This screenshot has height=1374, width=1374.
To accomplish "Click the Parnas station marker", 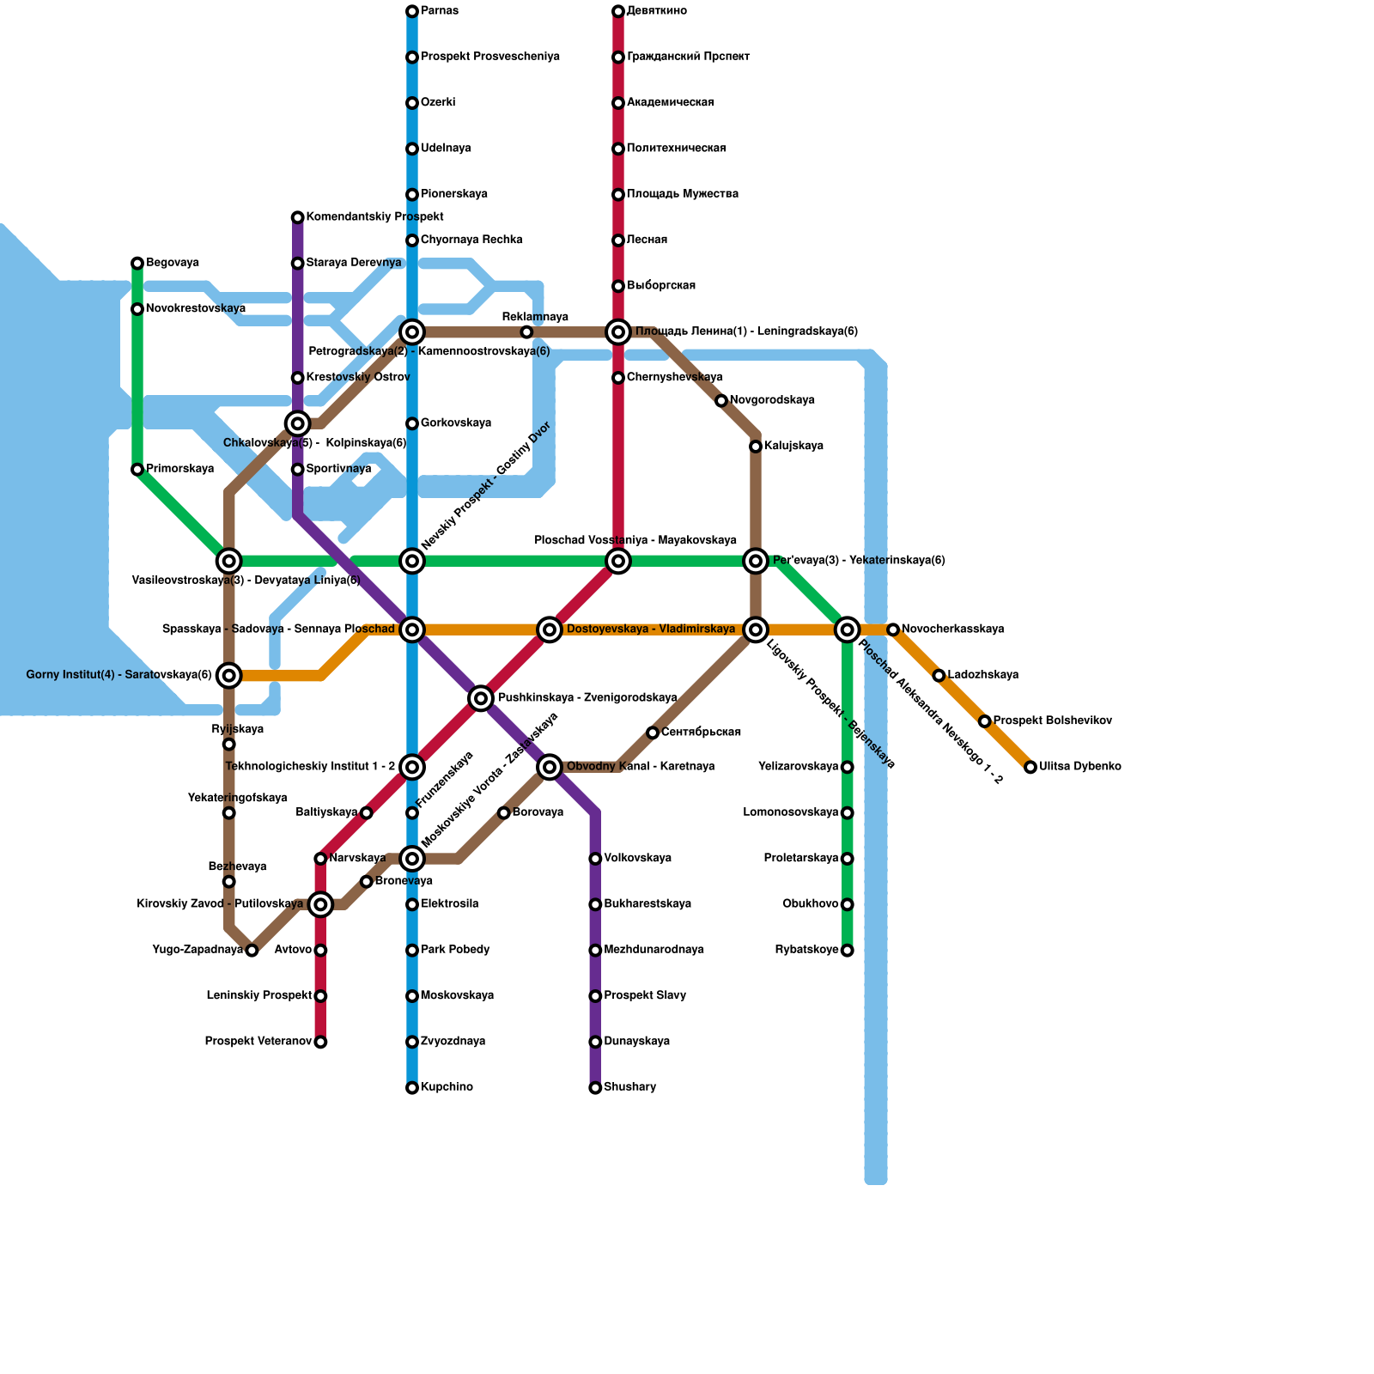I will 412,11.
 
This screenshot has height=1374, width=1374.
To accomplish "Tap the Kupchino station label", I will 447,1088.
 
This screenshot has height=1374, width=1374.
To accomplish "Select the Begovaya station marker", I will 137,263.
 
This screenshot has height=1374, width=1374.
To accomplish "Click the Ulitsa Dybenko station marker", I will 1030,767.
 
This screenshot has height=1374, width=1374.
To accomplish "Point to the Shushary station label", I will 629,1088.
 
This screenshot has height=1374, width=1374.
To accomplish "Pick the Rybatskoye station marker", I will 848,951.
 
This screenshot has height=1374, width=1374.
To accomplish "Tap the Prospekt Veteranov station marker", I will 320,1043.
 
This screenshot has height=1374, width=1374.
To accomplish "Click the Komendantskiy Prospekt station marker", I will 297,217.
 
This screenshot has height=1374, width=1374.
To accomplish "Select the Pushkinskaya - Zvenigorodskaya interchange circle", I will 481,698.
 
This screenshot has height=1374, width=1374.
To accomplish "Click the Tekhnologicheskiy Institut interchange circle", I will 412,767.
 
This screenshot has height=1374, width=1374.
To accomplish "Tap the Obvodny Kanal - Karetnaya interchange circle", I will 550,767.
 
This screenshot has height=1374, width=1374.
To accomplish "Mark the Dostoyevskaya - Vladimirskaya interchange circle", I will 550,629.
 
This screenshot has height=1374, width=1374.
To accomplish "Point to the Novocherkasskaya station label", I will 952,629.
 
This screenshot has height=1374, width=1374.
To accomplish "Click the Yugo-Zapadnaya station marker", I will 252,951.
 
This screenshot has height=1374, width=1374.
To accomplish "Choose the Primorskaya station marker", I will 137,470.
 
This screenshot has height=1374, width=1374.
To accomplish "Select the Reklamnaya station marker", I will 526,332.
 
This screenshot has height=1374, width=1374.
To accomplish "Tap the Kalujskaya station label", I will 793,447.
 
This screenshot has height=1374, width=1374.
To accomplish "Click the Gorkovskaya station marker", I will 412,424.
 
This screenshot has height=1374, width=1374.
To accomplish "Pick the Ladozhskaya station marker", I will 939,676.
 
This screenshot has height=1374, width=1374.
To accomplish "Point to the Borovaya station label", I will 538,813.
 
